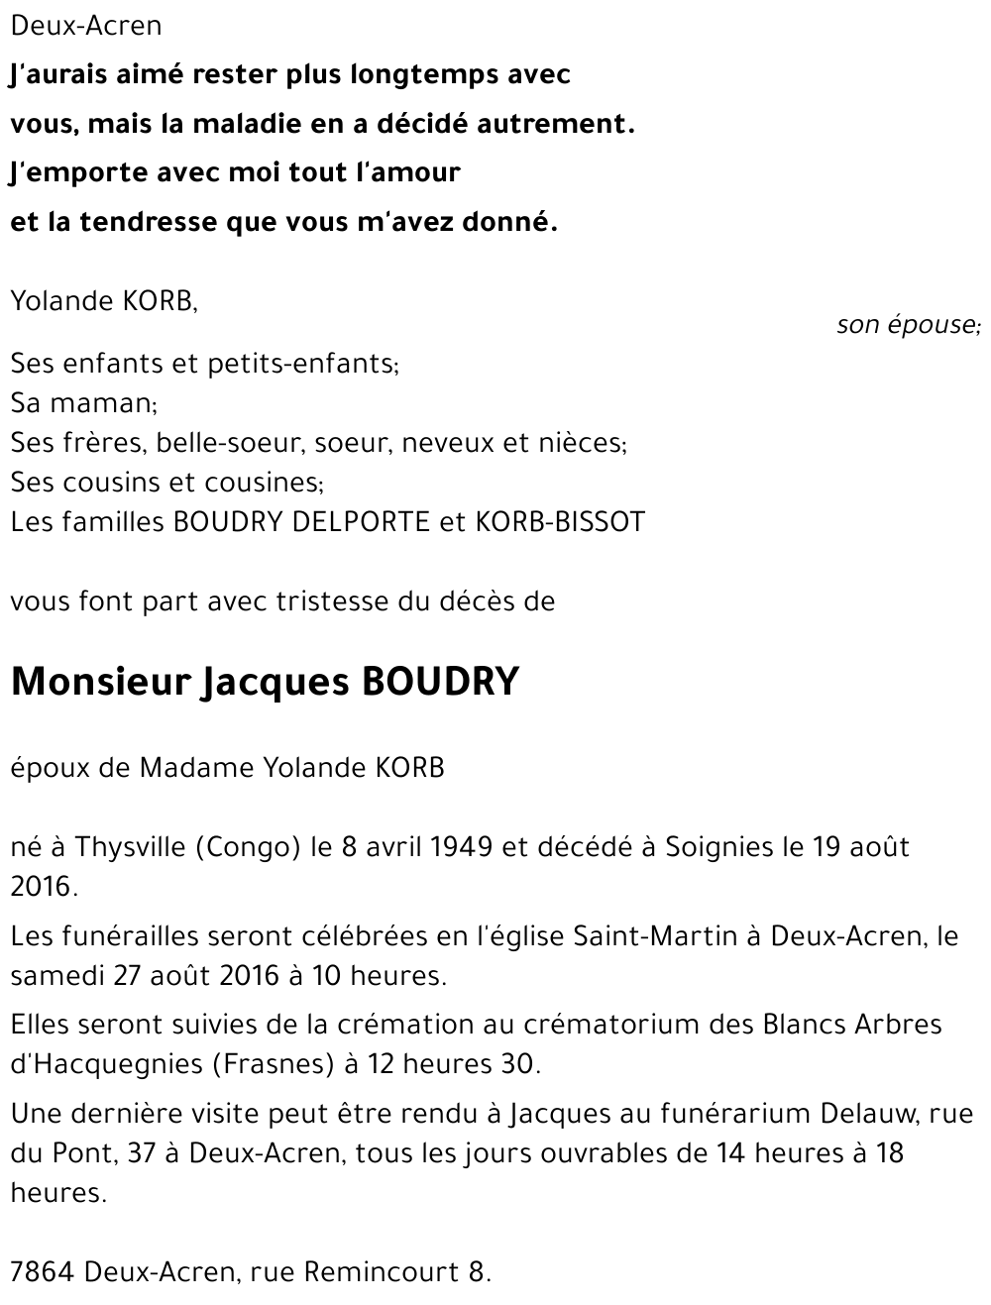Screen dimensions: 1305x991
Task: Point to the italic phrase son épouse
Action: point(907,325)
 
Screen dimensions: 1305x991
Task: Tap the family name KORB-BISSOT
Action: point(560,522)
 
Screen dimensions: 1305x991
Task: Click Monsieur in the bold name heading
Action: point(100,682)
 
